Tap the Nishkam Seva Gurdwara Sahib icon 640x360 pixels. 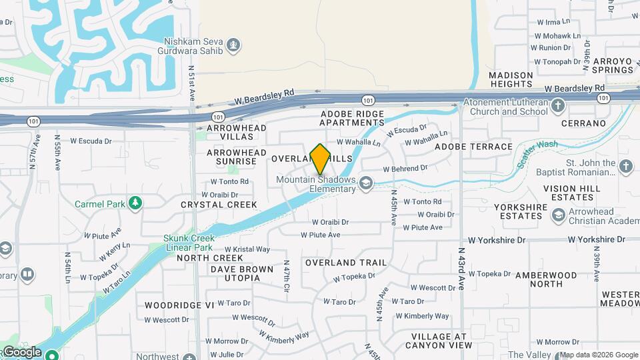233,45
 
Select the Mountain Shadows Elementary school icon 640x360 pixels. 365,183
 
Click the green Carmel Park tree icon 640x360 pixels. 135,202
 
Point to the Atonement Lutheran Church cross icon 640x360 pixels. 558,105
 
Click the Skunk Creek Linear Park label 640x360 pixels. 189,243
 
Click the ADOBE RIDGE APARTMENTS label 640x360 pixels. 353,118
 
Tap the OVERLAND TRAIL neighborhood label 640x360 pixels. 346,263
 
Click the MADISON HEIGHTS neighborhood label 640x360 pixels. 511,79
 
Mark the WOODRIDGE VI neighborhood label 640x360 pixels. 171,305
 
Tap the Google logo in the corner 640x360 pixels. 23,352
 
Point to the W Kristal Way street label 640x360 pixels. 251,249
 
